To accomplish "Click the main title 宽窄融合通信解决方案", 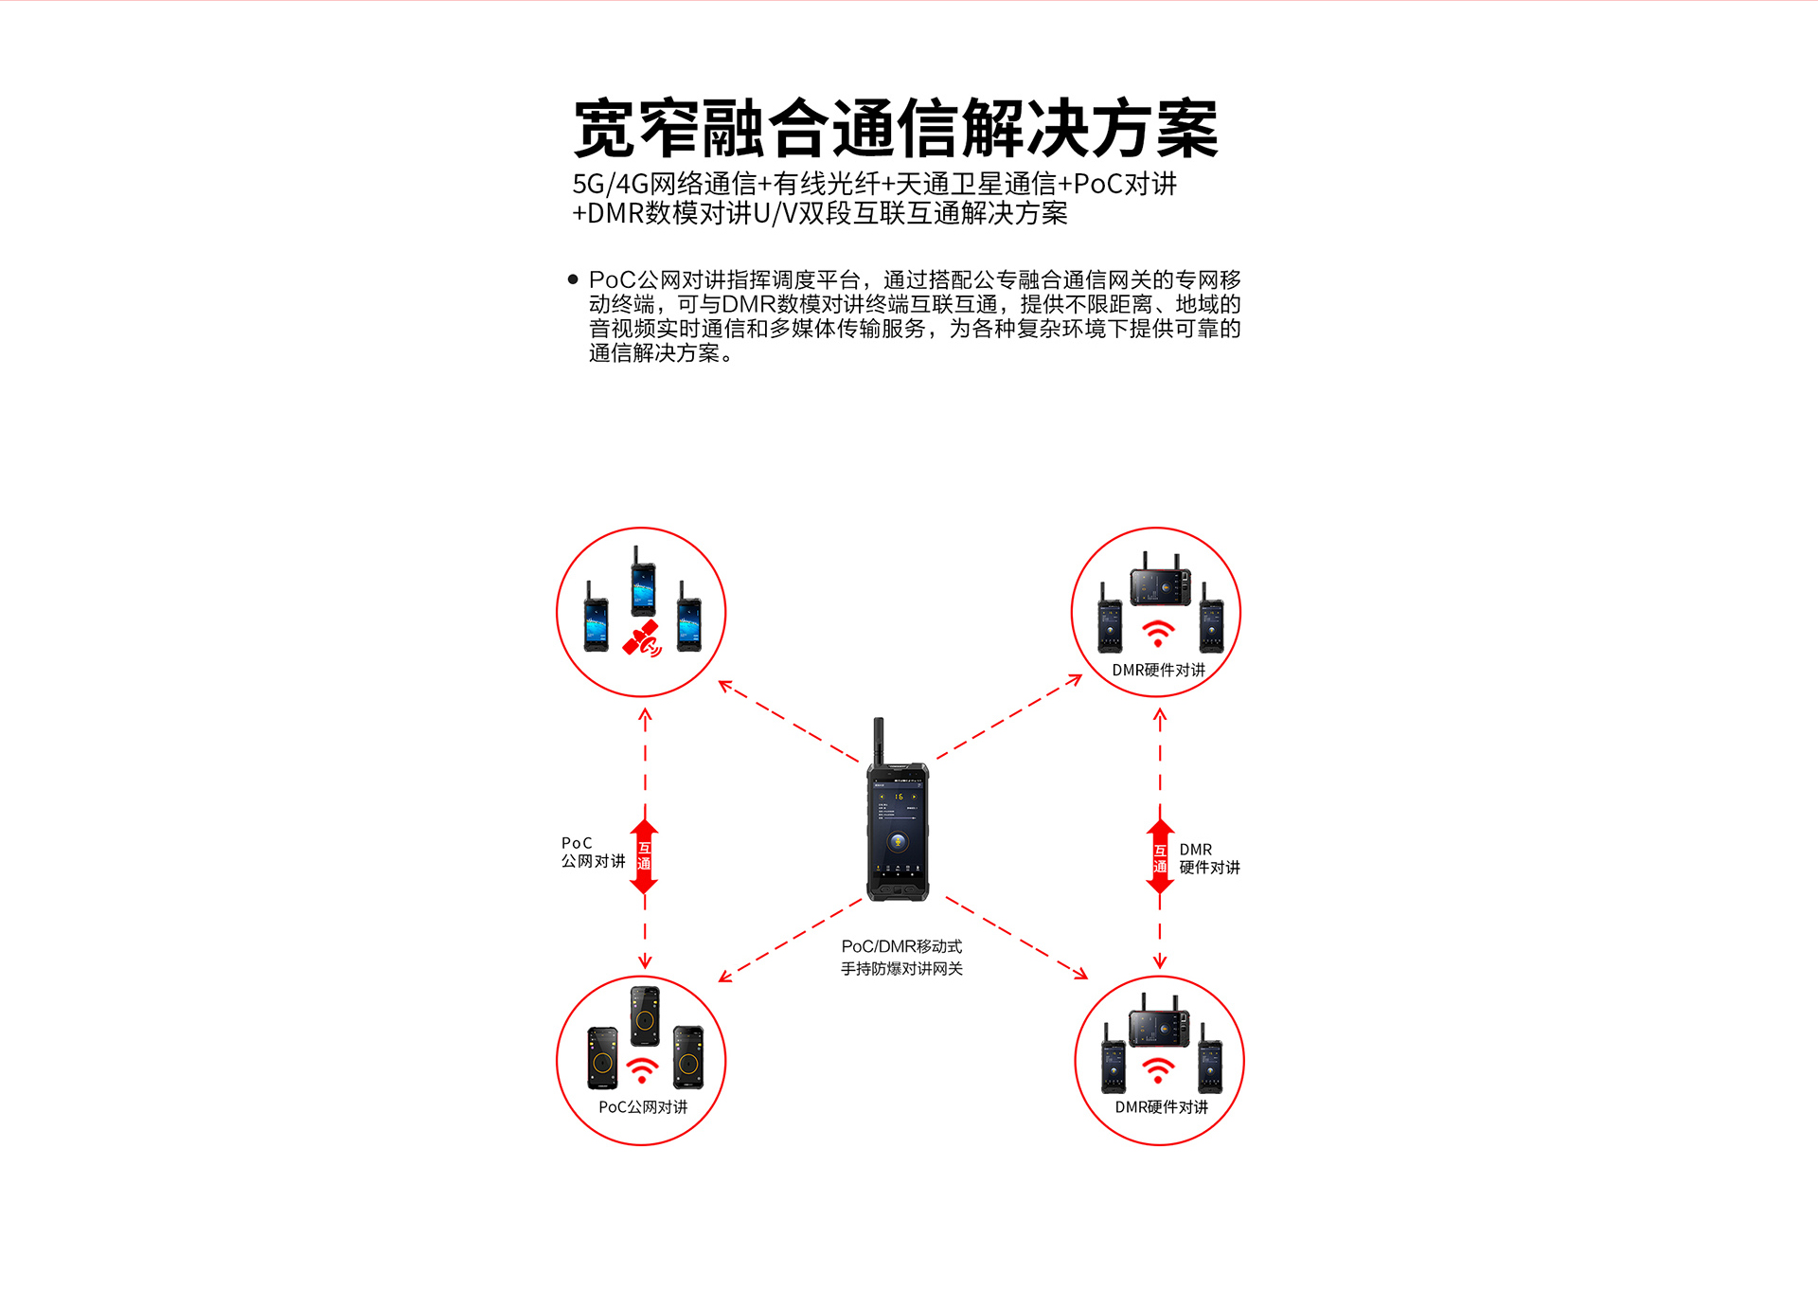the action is [896, 128].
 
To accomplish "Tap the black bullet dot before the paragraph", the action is [573, 279].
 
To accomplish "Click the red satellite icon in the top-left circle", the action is [642, 638].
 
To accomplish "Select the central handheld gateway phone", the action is [898, 810].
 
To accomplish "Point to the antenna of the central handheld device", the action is [879, 741].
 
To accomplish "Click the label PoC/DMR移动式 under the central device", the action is [901, 946].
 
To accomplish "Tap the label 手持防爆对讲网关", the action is [901, 969].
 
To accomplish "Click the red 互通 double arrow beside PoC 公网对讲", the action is [644, 856].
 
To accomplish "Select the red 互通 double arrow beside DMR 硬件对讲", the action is [1160, 856].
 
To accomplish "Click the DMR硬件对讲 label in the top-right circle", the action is [1158, 670].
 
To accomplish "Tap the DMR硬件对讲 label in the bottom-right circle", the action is [1161, 1107].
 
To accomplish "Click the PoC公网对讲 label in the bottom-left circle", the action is [643, 1107].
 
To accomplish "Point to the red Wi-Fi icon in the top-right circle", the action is [1157, 633].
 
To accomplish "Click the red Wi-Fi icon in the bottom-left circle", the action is [642, 1070].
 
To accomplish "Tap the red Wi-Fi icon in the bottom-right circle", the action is [1157, 1070].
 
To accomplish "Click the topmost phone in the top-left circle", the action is [643, 582].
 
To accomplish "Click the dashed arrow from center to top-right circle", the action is [1009, 716].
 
